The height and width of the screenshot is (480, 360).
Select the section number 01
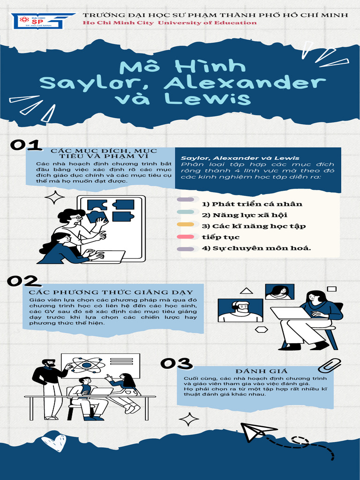tap(26, 145)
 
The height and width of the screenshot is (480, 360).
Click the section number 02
tap(22, 281)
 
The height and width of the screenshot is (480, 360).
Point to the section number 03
tap(176, 363)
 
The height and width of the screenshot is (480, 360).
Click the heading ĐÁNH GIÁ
tap(255, 371)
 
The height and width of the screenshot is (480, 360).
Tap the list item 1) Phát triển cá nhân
tap(252, 204)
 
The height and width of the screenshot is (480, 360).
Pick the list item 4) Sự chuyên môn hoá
tap(256, 248)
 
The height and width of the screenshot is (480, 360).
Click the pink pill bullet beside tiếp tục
tap(185, 237)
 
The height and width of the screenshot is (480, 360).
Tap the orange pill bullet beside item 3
tap(185, 225)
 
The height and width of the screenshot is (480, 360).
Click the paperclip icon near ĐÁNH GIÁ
tap(329, 365)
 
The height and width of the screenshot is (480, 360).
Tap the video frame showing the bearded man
tap(240, 310)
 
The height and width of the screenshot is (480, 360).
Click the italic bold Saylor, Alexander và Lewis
tap(240, 158)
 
